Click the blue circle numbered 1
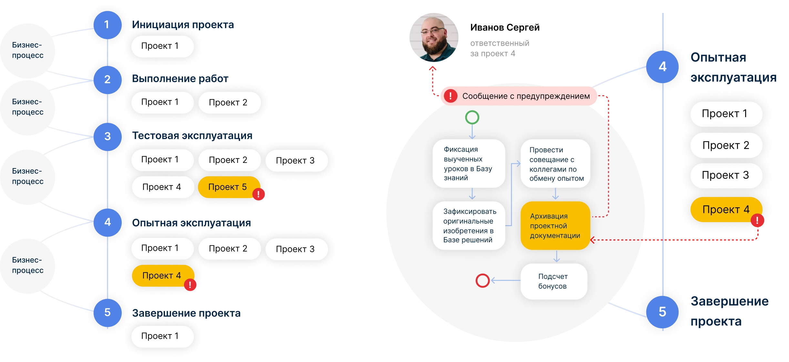107,25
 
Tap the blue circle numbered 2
108,80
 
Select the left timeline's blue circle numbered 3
108,136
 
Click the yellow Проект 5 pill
227,187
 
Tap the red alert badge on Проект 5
258,194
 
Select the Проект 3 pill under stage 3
295,161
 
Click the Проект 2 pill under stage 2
228,102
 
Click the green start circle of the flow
472,117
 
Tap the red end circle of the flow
483,281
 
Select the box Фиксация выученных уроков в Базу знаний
468,164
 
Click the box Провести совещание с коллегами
555,164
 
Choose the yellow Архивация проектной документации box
555,226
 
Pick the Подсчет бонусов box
553,281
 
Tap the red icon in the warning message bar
450,96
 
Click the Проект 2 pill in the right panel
726,145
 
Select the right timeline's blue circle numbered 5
662,312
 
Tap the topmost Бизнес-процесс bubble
28,50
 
